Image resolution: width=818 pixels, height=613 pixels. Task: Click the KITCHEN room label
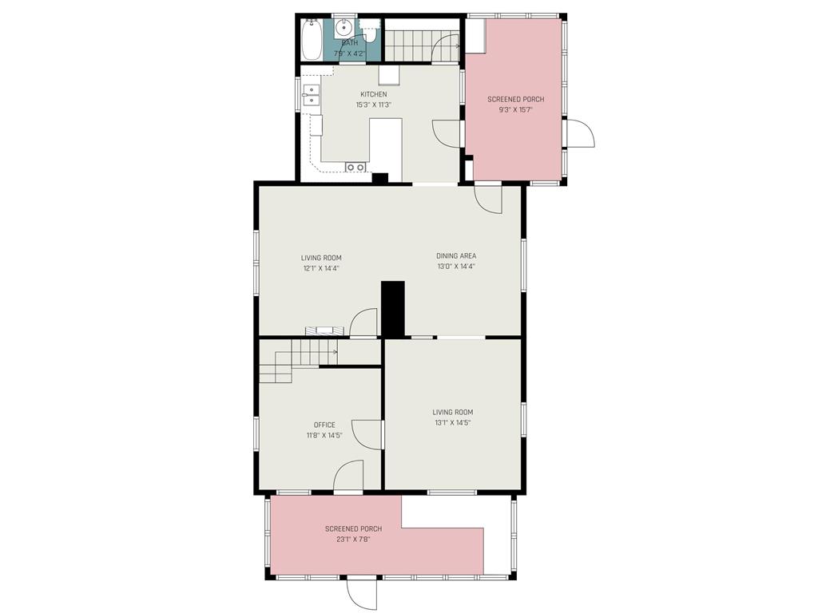coord(373,94)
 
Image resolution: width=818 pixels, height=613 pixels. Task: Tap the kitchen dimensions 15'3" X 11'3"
coord(373,105)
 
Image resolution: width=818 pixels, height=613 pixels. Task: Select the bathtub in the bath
coord(311,39)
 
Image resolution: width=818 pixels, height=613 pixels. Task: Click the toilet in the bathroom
coord(369,33)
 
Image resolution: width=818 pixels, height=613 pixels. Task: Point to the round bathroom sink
coord(343,24)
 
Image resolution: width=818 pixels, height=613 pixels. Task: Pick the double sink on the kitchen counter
coord(310,94)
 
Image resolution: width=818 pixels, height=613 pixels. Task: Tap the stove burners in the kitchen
coord(355,167)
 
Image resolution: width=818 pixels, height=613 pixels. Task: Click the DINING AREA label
coord(456,256)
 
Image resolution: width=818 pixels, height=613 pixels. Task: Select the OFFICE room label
coord(324,425)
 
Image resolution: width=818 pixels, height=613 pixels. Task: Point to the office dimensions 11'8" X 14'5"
coord(324,436)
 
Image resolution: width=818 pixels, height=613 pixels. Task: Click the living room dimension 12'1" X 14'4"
coord(321,269)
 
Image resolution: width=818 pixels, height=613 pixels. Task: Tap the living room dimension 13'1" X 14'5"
coord(451,423)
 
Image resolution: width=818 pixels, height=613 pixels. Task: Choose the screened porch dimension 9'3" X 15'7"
coord(515,110)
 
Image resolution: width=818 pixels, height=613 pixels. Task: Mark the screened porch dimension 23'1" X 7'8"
coord(353,540)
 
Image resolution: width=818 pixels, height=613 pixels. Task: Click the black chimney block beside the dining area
coord(393,309)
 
